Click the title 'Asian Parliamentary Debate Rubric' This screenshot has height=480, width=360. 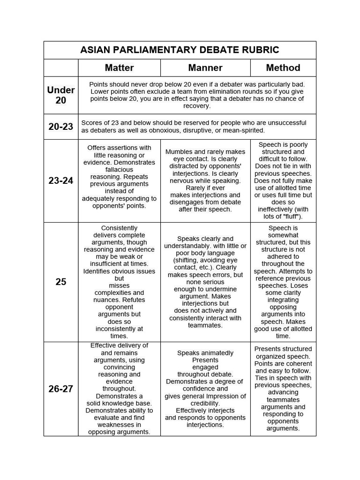180,50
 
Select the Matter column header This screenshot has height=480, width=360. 119,67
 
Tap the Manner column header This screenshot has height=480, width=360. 205,67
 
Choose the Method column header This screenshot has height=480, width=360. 283,67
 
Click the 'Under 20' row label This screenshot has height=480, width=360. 61,95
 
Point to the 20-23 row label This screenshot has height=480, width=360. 61,127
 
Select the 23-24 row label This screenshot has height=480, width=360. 61,180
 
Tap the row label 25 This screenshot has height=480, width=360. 61,282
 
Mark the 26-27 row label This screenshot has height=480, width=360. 61,389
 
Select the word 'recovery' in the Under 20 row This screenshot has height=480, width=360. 196,106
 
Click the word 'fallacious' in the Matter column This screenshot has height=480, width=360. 119,170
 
